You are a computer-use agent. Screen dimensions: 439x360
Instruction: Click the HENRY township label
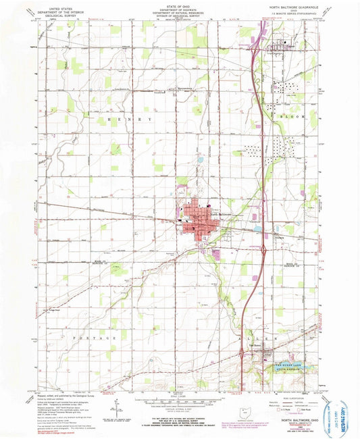click(128, 119)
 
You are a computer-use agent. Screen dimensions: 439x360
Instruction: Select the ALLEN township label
click(276, 337)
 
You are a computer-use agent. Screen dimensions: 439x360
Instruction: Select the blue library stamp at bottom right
click(338, 409)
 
